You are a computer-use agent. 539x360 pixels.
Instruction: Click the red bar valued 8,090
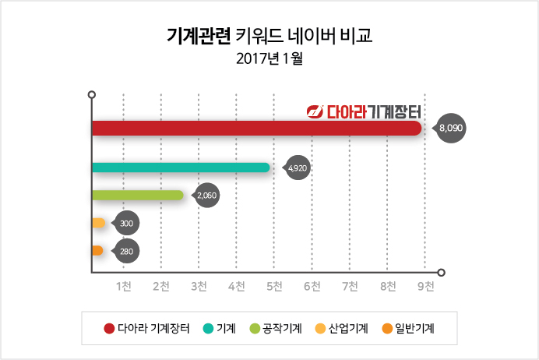[x=257, y=128]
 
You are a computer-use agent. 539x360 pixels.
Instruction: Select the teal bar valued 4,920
[x=181, y=168]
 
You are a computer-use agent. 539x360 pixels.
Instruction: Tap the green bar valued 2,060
[x=138, y=195]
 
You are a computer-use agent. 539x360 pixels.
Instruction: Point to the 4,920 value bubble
[x=298, y=168]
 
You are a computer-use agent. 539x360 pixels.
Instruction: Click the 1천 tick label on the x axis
[x=123, y=286]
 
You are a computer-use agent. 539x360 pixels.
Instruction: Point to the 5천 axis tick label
[x=274, y=286]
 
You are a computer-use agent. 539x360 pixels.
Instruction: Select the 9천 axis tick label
[x=425, y=286]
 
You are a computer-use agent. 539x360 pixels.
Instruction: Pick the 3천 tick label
[x=199, y=286]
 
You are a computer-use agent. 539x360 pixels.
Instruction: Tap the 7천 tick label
[x=350, y=286]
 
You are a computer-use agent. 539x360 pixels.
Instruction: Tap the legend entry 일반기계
[x=407, y=329]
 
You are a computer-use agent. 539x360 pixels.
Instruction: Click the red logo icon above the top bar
[x=315, y=111]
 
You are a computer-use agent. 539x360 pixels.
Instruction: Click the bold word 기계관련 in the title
[x=199, y=35]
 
